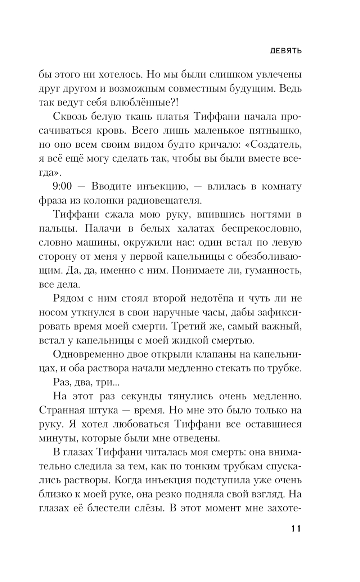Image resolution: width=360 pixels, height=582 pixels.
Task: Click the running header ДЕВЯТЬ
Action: pyautogui.click(x=286, y=51)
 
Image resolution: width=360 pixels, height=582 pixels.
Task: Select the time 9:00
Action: pyautogui.click(x=62, y=186)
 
